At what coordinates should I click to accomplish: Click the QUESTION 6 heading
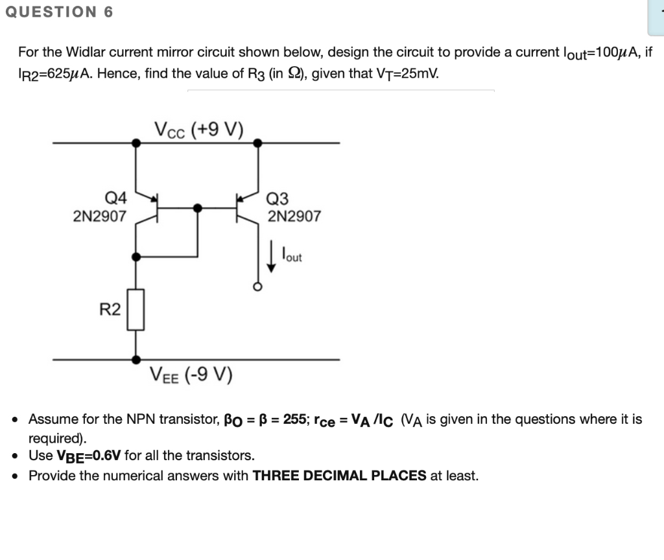[x=59, y=12]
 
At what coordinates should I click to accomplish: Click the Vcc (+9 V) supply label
[x=198, y=129]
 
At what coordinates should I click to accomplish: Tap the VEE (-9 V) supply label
[x=191, y=374]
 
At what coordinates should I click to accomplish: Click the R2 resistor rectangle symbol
[x=135, y=310]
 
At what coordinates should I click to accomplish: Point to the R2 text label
[x=110, y=310]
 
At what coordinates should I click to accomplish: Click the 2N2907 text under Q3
[x=294, y=216]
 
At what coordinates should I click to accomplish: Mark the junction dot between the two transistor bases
[x=197, y=207]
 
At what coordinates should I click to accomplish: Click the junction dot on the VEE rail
[x=135, y=358]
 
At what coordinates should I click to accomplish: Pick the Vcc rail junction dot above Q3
[x=257, y=142]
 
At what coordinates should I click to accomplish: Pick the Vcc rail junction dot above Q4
[x=135, y=142]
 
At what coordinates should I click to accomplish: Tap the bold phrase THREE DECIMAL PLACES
[x=339, y=476]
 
